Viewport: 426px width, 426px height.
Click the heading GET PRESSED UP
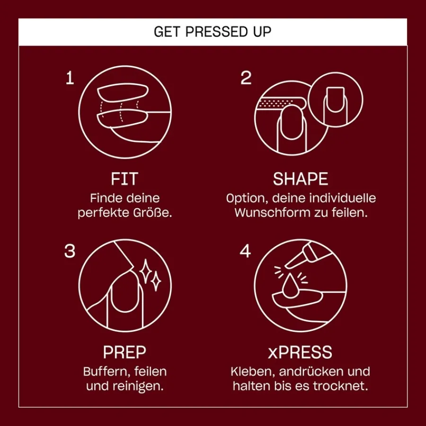(x=213, y=32)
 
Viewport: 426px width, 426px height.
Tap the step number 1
(x=70, y=78)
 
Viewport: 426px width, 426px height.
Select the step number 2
(x=246, y=78)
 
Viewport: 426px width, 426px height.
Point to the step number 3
(x=70, y=251)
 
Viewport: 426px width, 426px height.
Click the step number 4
(x=245, y=251)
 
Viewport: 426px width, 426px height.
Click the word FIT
(x=124, y=179)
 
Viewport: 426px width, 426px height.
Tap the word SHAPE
(x=301, y=179)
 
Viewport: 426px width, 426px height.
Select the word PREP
(x=124, y=352)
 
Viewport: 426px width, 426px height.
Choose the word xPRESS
(x=300, y=352)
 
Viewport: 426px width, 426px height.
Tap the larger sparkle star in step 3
(x=146, y=271)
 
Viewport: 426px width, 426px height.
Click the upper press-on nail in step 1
(x=123, y=92)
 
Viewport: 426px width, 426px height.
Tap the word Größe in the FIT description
(x=153, y=213)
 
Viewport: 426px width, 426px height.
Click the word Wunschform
(x=273, y=213)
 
